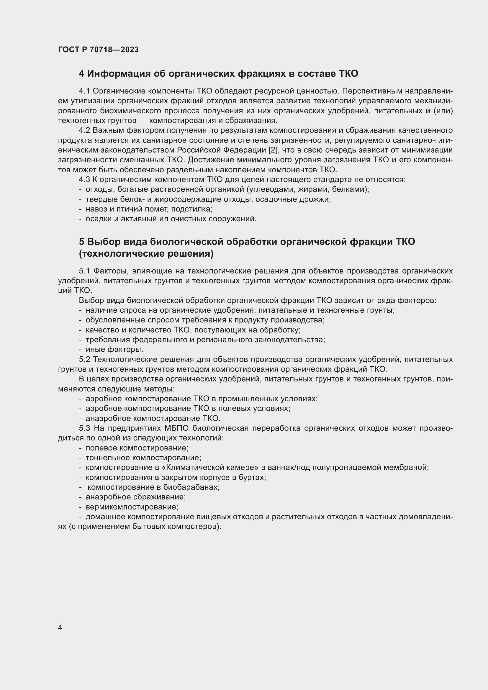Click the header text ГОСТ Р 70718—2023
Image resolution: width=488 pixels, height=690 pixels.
tap(98, 50)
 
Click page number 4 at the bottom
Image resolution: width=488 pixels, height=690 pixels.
tap(60, 627)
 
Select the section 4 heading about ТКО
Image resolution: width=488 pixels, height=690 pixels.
tap(218, 74)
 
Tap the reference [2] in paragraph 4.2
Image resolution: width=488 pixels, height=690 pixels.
tap(273, 150)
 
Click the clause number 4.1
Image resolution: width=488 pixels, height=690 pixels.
tap(84, 91)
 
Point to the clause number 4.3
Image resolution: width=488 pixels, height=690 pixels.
tap(84, 180)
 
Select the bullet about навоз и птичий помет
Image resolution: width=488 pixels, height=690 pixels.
tap(149, 209)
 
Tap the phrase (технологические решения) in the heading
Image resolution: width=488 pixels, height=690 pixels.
tap(146, 254)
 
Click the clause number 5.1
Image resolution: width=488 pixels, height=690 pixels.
tap(84, 271)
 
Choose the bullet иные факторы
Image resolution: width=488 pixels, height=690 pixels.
tap(114, 350)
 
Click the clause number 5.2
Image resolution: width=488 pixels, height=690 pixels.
tap(84, 359)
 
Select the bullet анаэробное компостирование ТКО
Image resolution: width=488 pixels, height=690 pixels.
tap(153, 418)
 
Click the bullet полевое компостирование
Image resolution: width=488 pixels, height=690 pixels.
tap(137, 448)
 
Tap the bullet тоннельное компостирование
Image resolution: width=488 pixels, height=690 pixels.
tap(143, 458)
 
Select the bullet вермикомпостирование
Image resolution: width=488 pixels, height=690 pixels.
tap(132, 507)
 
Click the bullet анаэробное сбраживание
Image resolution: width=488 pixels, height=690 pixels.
tap(135, 497)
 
